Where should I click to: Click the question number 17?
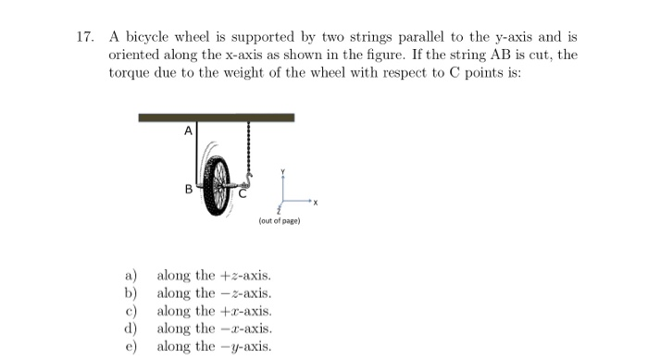[x=84, y=38]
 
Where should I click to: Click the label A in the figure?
[x=189, y=131]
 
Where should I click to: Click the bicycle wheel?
[x=218, y=184]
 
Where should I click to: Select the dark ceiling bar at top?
[x=216, y=118]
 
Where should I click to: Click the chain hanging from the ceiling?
[x=249, y=148]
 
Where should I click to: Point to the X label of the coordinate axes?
[x=315, y=202]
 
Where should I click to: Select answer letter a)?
[x=131, y=275]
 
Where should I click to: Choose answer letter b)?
[x=131, y=292]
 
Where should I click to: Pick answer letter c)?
[x=131, y=310]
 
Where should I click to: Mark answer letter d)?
[x=131, y=329]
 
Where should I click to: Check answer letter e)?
[x=131, y=346]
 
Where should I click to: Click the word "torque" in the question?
[x=131, y=72]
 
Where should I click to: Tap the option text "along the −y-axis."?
[x=214, y=346]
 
